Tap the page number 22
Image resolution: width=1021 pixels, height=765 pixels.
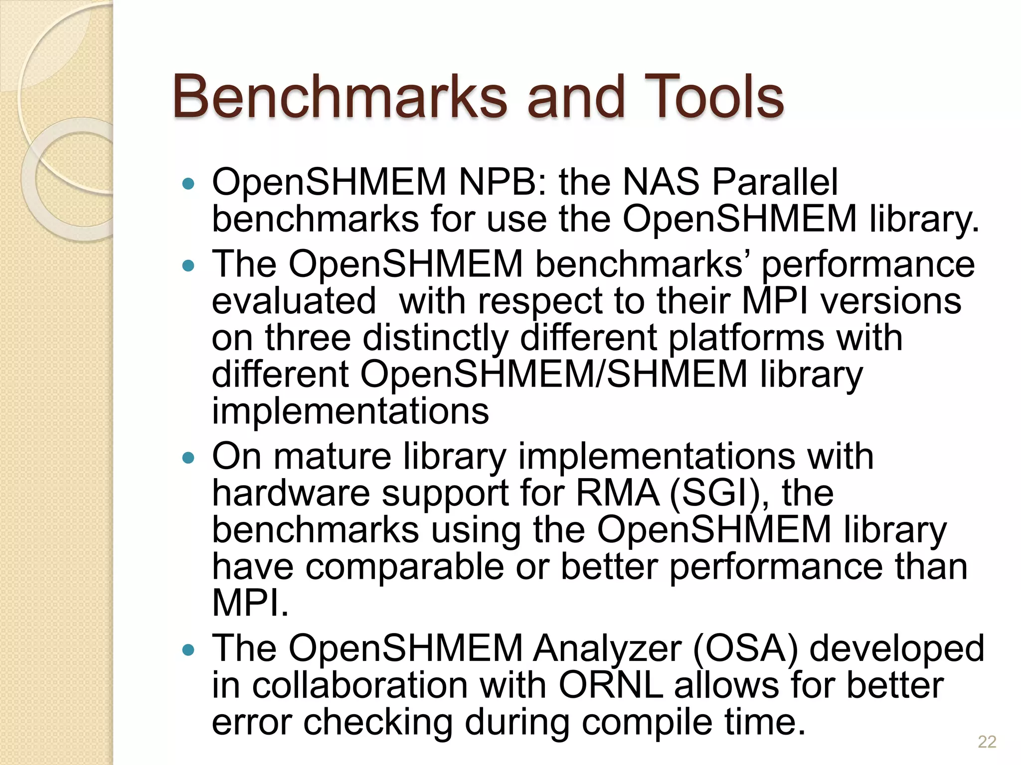point(987,742)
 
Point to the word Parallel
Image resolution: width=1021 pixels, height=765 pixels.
point(775,182)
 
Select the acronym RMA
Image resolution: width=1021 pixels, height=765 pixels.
point(617,493)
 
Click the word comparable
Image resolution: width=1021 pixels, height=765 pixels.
point(404,568)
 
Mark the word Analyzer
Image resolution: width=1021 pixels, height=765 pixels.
point(607,649)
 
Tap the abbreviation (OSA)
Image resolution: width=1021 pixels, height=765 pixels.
point(745,649)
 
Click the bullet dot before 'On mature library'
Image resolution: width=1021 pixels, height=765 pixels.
point(188,458)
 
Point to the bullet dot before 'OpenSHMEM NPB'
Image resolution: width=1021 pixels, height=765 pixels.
point(188,184)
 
